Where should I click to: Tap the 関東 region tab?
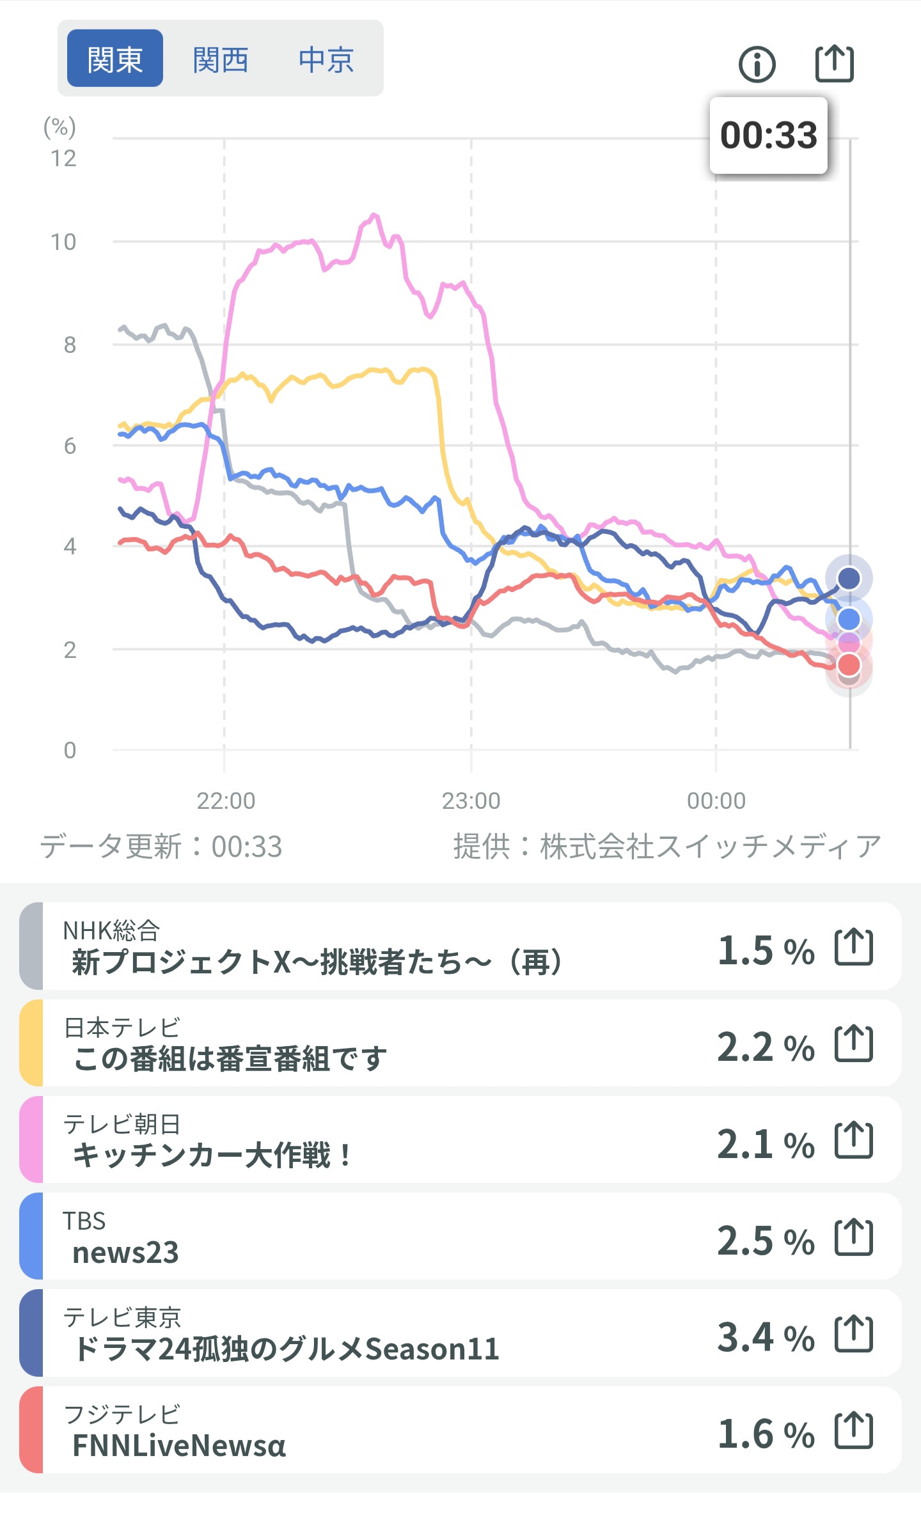pyautogui.click(x=115, y=59)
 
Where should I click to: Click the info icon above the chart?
pyautogui.click(x=757, y=65)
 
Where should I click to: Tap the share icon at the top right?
pyautogui.click(x=835, y=63)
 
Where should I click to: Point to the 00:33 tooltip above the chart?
pyautogui.click(x=769, y=136)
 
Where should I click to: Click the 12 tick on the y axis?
pyautogui.click(x=63, y=159)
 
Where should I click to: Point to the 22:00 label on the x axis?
pyautogui.click(x=225, y=801)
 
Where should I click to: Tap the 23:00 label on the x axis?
pyautogui.click(x=471, y=801)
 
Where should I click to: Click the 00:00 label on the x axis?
pyautogui.click(x=716, y=801)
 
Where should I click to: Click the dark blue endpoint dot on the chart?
pyautogui.click(x=849, y=578)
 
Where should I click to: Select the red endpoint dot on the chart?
pyautogui.click(x=849, y=665)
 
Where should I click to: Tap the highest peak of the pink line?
pyautogui.click(x=374, y=215)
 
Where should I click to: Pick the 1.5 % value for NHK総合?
pyautogui.click(x=766, y=950)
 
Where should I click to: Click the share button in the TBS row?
pyautogui.click(x=854, y=1237)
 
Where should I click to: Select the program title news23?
pyautogui.click(x=125, y=1253)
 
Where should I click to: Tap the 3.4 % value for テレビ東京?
pyautogui.click(x=766, y=1337)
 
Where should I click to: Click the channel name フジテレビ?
pyautogui.click(x=122, y=1414)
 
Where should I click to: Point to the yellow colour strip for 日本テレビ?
pyautogui.click(x=31, y=1043)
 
